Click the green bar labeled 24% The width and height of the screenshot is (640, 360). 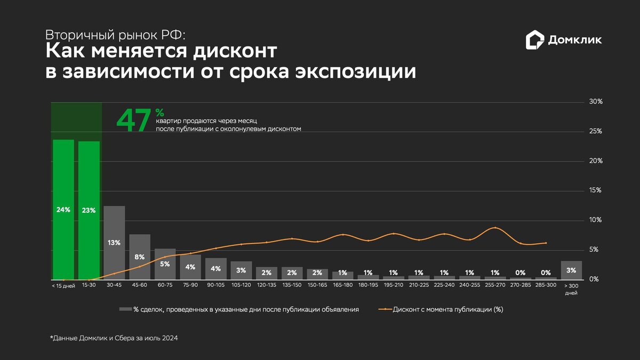pos(63,210)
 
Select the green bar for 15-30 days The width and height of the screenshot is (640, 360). pos(89,211)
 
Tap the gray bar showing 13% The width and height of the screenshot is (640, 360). pos(114,243)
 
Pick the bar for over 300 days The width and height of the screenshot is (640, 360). pos(571,270)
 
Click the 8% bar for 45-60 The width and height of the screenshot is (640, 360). pos(140,257)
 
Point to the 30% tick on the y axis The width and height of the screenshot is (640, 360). pos(596,102)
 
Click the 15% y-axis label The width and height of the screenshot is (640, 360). pos(595,190)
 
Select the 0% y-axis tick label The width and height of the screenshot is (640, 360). pos(594,279)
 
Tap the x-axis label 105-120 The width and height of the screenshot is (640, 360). pos(241,285)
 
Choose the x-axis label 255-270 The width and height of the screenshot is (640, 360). pos(495,285)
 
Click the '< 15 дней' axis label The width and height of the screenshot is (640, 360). pos(63,286)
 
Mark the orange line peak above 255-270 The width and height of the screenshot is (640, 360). pos(495,227)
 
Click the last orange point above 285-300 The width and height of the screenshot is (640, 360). pos(546,243)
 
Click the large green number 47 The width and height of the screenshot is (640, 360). pos(134,121)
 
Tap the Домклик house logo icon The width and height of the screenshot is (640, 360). pos(534,39)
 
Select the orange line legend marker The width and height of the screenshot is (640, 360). pos(385,309)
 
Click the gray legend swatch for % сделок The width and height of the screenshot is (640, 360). pos(125,309)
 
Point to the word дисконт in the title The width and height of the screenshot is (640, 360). pos(235,51)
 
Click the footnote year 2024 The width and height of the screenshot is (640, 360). pos(170,338)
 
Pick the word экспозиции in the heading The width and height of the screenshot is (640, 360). pos(356,72)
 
